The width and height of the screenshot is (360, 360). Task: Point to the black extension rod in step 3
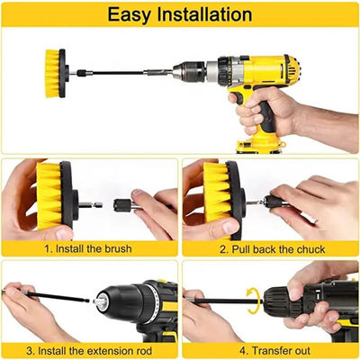[x=54, y=297]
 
